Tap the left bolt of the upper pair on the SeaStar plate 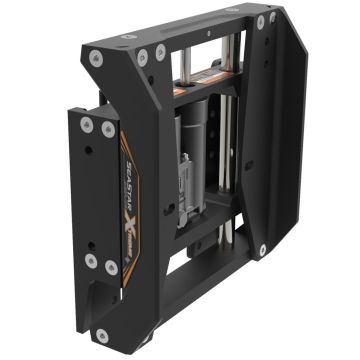[87, 124]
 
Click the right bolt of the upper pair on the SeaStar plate [107, 128]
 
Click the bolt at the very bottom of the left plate [102, 335]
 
